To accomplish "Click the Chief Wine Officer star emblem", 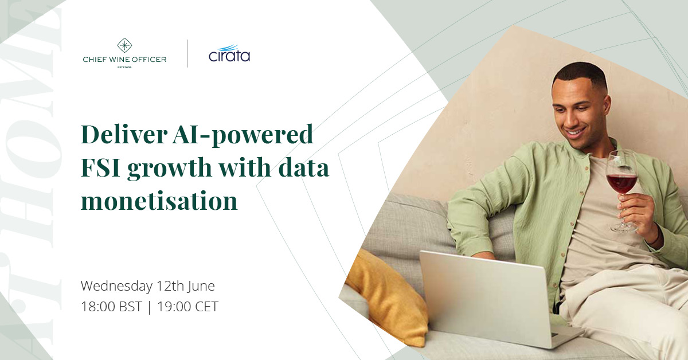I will pyautogui.click(x=124, y=45).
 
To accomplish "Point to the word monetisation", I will pyautogui.click(x=159, y=201).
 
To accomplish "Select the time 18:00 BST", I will pyautogui.click(x=111, y=307).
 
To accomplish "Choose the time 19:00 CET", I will pyautogui.click(x=187, y=307).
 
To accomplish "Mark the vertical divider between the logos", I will pyautogui.click(x=188, y=54).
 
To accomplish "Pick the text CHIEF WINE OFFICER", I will pyautogui.click(x=124, y=59).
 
